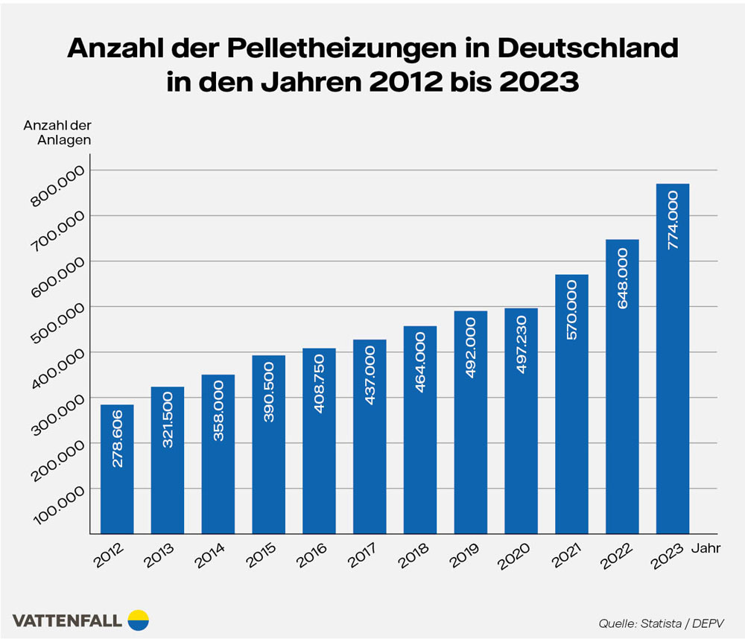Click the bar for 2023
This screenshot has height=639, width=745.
(x=672, y=357)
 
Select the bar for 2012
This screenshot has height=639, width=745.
(x=117, y=468)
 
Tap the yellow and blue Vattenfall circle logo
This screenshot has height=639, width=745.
(x=139, y=619)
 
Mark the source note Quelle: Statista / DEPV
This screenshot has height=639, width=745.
(x=661, y=622)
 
